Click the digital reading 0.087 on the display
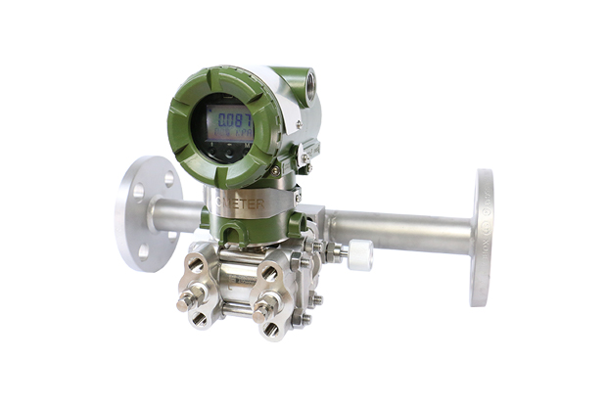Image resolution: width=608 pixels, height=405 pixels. (228, 121)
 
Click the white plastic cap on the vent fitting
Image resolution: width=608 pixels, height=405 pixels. (359, 255)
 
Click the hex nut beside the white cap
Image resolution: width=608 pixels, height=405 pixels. (338, 252)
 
